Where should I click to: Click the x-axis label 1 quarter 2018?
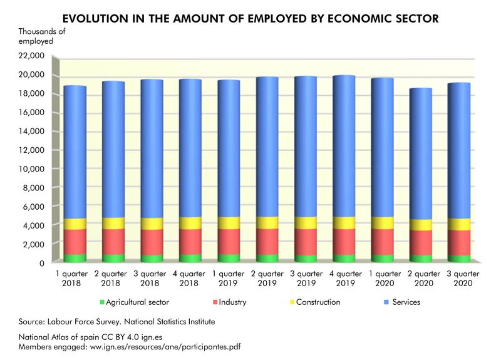coord(75,278)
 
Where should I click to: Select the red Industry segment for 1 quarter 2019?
coord(229,241)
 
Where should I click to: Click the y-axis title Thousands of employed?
coord(41,36)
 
